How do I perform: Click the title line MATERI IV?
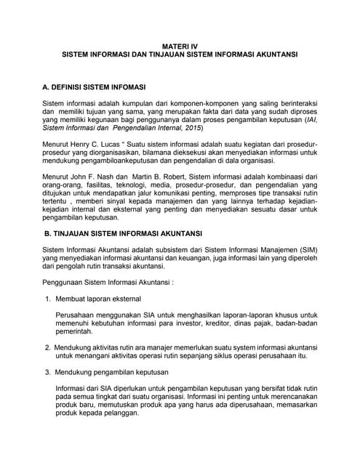(x=179, y=46)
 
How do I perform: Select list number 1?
(x=47, y=299)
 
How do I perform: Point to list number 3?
(x=47, y=371)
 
